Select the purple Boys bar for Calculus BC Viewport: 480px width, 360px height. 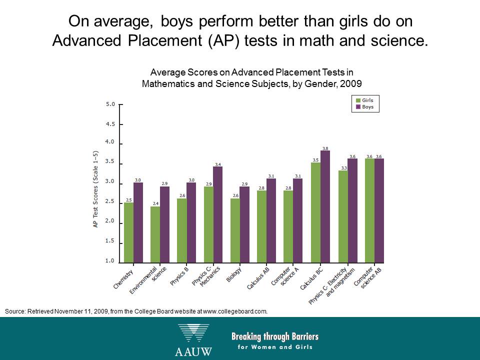[325, 206]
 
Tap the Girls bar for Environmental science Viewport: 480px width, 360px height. [155, 234]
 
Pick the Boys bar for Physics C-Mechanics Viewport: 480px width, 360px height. [217, 214]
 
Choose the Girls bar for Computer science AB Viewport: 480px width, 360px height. [369, 210]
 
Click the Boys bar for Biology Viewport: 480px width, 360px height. [244, 224]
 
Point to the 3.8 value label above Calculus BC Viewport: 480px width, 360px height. [325, 148]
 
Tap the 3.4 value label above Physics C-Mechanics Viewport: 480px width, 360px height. [217, 164]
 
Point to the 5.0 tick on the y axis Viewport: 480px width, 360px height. [110, 104]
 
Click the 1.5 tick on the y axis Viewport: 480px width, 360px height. [110, 241]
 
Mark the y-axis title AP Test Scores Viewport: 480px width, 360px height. [95, 189]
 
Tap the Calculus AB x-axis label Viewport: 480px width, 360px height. [258, 278]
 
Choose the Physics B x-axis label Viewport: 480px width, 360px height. [179, 275]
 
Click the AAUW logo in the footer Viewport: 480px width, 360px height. [193, 340]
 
